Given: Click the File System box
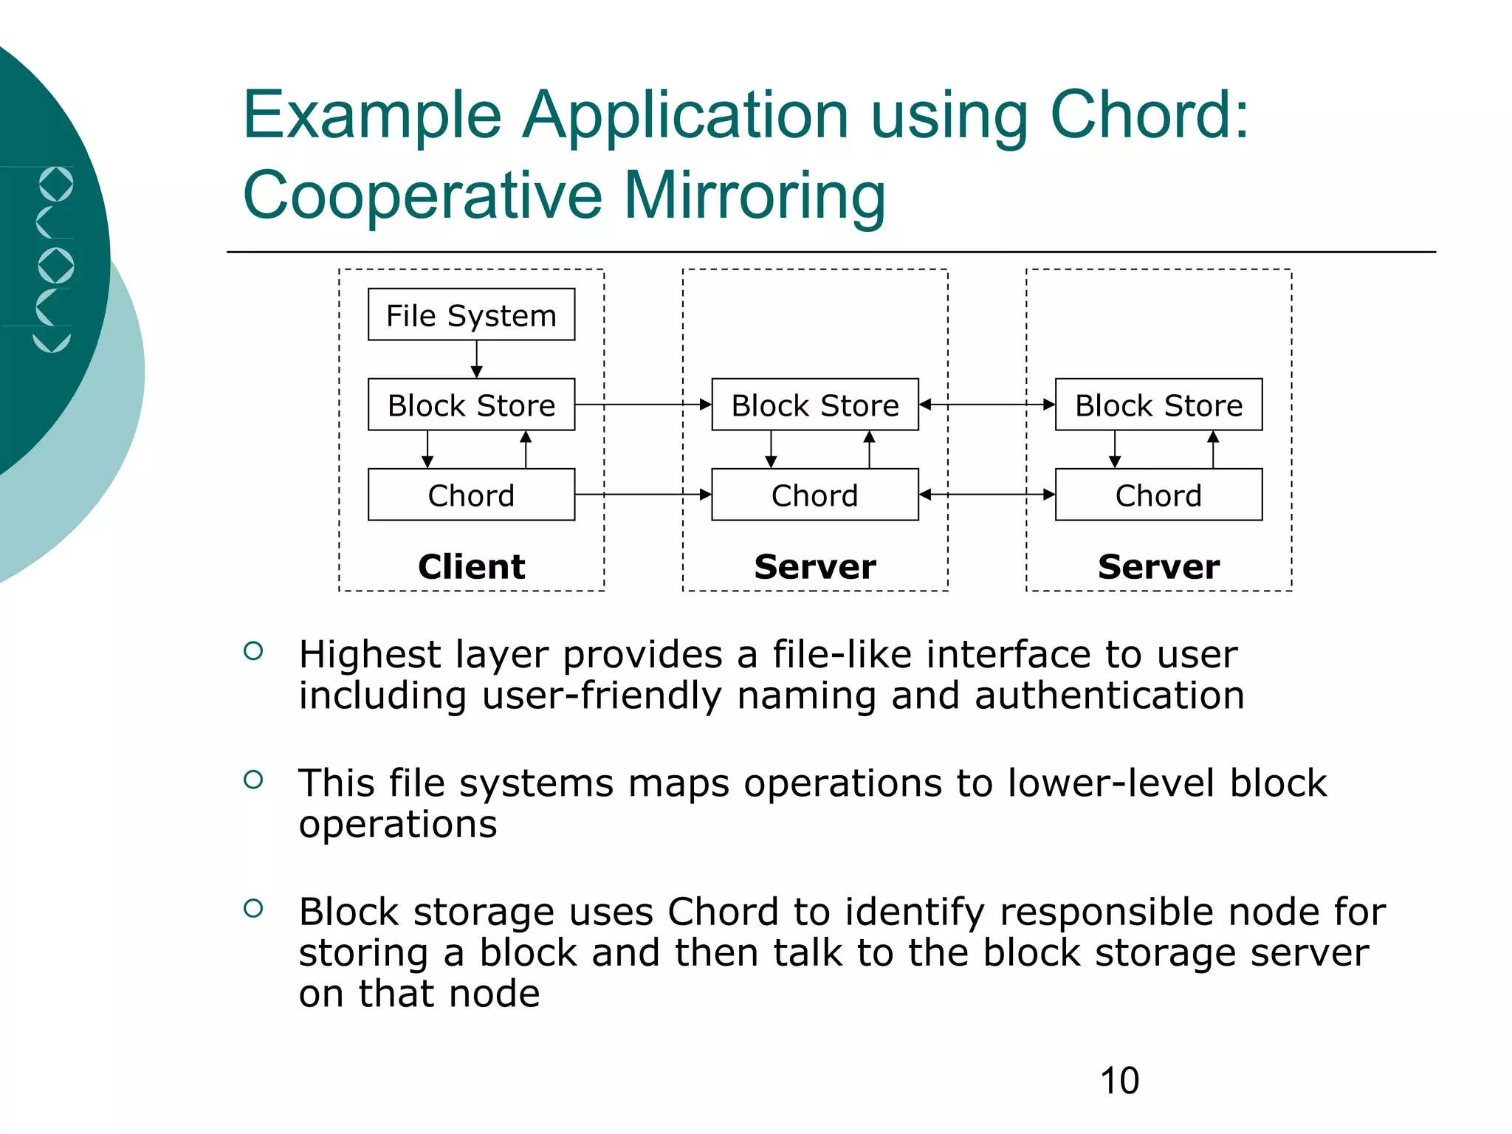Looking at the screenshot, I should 471,315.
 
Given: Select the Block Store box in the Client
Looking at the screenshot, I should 471,405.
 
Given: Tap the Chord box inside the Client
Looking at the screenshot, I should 471,495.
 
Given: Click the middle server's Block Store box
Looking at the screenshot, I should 814,405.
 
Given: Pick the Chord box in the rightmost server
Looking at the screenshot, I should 1158,495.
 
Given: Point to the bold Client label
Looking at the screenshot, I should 471,567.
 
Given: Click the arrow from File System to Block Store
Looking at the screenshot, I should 476,359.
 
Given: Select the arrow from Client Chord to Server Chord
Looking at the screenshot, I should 642,495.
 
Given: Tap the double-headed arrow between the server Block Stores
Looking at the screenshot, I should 986,405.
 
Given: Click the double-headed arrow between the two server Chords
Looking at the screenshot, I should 986,495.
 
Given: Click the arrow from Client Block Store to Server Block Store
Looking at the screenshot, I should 642,405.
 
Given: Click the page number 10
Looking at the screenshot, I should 1119,1081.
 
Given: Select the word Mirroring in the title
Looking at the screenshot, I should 755,196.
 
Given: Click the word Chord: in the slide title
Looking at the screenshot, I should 1149,116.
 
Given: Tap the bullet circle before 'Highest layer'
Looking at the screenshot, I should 253,651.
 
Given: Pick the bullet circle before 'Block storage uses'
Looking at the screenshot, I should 253,908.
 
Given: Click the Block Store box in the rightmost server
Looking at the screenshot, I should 1158,405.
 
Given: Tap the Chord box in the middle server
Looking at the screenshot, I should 814,495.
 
